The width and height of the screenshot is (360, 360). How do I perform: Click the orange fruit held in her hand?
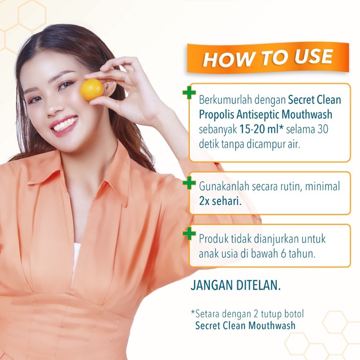point(92,90)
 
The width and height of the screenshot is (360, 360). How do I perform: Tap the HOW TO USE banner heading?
point(268,58)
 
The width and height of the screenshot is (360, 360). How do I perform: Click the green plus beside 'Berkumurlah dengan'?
point(189,93)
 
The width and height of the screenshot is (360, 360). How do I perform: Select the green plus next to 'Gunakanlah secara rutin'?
point(189,183)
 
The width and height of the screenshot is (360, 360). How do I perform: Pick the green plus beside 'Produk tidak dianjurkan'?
point(189,234)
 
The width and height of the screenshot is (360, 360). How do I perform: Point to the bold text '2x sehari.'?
point(220,201)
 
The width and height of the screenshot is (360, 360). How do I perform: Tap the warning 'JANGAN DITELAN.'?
point(235,285)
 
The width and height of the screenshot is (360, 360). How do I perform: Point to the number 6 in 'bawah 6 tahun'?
point(283,254)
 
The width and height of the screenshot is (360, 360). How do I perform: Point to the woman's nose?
point(52,106)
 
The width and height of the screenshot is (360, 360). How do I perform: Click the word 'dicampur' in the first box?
point(265,144)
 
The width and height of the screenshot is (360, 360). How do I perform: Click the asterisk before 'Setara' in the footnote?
point(193,312)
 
